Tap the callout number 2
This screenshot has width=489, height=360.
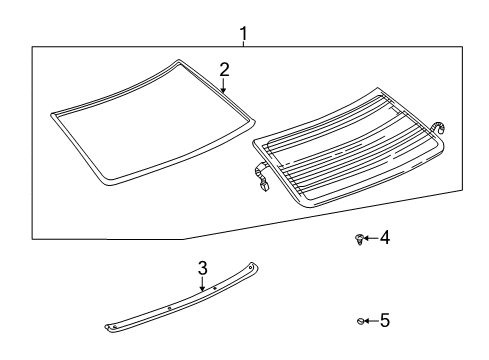click(225, 69)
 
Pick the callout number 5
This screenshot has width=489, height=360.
click(384, 321)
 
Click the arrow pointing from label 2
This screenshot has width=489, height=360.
click(224, 86)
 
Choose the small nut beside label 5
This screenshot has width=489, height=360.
click(359, 321)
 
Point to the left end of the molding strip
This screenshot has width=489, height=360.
click(112, 325)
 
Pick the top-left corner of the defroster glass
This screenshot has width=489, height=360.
click(257, 137)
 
